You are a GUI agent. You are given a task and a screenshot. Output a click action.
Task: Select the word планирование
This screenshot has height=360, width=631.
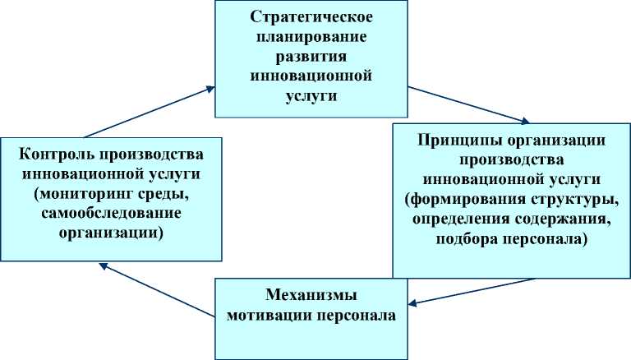(x=310, y=37)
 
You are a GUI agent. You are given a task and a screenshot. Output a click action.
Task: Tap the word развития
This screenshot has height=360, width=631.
(x=310, y=57)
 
